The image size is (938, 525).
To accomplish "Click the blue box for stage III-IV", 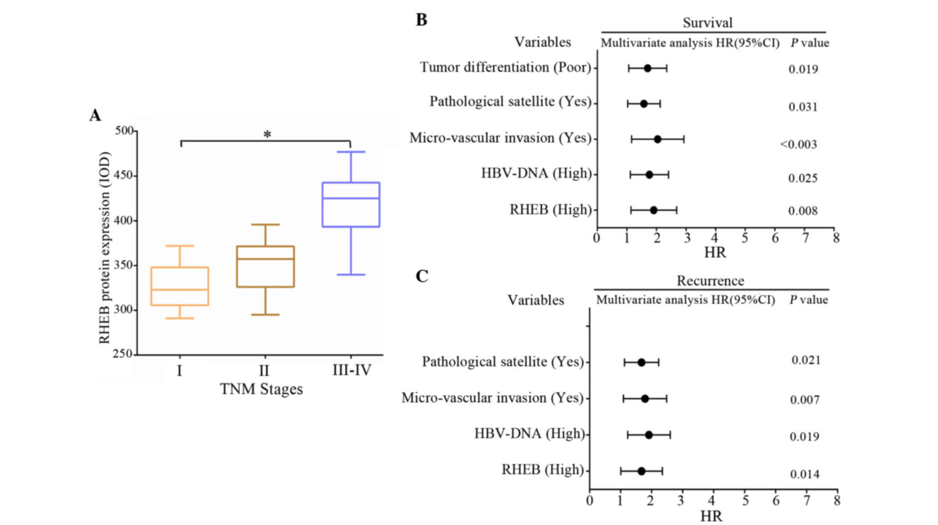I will pos(351,205).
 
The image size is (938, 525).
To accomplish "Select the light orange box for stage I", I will pos(180,286).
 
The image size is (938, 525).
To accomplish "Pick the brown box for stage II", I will pos(266,267).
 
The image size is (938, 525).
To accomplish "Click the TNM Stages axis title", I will pos(261,389).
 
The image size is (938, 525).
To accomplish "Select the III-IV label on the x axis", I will pos(352,370).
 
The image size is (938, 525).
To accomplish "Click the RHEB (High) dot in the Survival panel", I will pos(653,210).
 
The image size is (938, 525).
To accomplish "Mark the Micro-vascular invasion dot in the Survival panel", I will pos(657,139).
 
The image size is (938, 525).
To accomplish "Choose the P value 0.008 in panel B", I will pos(803,211).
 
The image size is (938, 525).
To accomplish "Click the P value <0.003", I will pos(799,144).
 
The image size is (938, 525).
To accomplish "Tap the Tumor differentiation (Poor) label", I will pos(505,67).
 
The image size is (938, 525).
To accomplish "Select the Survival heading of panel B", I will pos(707,22).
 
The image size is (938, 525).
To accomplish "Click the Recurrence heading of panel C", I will pos(710,281).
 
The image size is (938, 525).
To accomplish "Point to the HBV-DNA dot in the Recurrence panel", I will pos(649,435).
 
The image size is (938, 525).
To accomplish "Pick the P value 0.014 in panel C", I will pos(805,474).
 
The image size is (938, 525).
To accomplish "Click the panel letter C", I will pos(422,276).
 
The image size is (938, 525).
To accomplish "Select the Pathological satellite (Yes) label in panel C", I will pos(503,362).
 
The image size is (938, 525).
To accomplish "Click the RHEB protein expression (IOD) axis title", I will pos(105,248).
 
